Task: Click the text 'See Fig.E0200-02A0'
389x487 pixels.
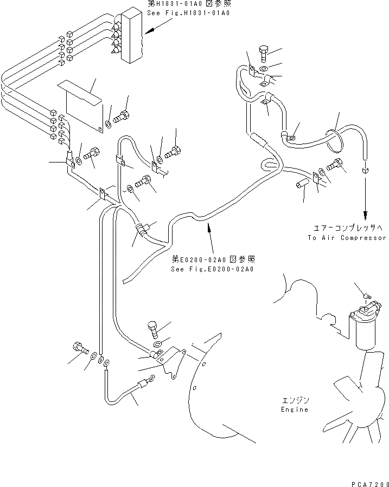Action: pos(213,269)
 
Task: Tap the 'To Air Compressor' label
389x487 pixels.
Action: pos(347,238)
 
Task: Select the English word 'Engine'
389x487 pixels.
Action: pos(295,410)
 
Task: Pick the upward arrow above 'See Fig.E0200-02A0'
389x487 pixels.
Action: pos(208,238)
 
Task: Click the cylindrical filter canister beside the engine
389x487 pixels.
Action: pos(365,331)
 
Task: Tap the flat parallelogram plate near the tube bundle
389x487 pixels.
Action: pos(80,91)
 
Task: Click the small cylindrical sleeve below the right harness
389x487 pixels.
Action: pos(301,185)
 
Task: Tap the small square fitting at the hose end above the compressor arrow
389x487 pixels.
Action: pos(365,170)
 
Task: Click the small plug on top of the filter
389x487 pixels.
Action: pos(367,296)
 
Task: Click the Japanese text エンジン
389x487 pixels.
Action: pos(295,400)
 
